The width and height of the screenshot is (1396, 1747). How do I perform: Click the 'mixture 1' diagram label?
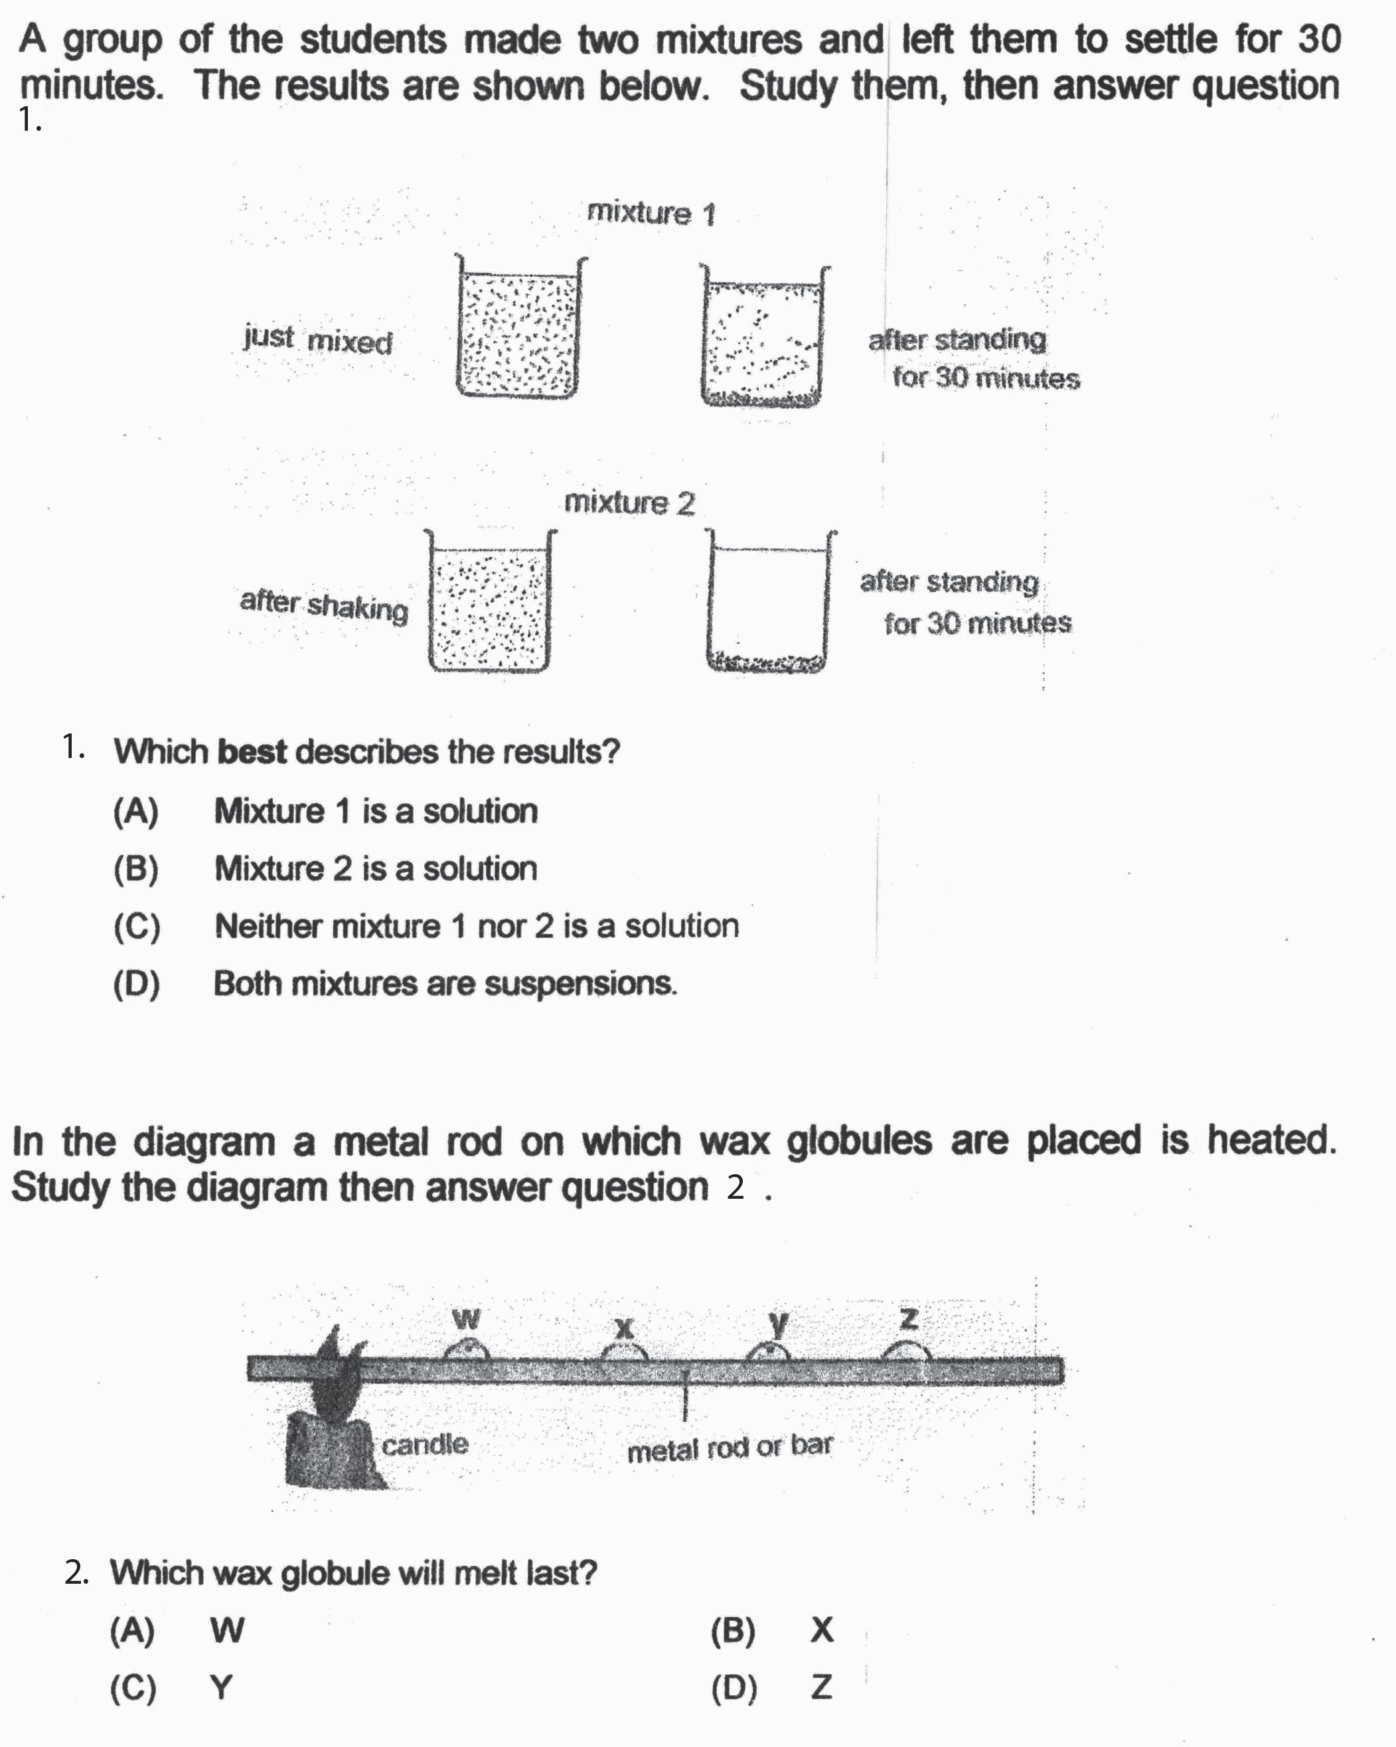[651, 213]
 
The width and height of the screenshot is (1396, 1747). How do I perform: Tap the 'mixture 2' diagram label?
[629, 502]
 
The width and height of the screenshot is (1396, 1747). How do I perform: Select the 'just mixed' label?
[317, 340]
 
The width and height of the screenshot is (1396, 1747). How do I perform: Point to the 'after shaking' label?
[324, 605]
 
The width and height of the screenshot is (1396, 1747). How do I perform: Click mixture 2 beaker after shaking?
[489, 603]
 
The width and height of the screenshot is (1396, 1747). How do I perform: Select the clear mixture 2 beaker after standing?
[768, 603]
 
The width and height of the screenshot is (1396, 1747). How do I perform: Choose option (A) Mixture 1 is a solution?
[375, 811]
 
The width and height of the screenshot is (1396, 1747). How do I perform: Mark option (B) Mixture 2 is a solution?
[375, 869]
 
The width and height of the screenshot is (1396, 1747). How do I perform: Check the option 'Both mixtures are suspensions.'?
[445, 984]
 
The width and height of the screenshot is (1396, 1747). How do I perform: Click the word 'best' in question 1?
[252, 752]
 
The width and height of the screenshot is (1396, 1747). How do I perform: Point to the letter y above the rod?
[778, 1324]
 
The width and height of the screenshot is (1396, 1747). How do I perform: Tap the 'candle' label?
[425, 1444]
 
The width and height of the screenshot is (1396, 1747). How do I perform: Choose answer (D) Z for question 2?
[820, 1688]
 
